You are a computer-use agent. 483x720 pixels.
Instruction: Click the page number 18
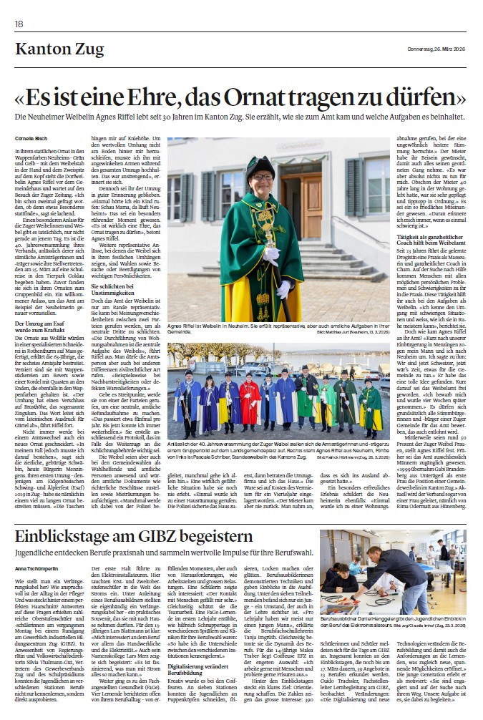[19, 24]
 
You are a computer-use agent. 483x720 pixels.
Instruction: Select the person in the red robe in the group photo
[250, 404]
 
